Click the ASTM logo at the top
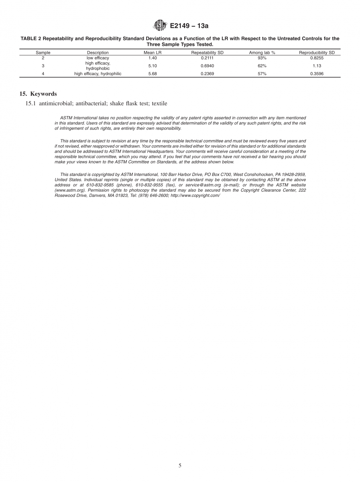pyautogui.click(x=160, y=26)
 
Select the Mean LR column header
pyautogui.click(x=153, y=53)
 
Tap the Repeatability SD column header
pyautogui.click(x=207, y=53)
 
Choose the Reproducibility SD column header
pyautogui.click(x=317, y=53)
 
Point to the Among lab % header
pyautogui.click(x=262, y=53)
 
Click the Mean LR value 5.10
pyautogui.click(x=153, y=65)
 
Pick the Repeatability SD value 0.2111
pyautogui.click(x=207, y=58)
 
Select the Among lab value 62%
pyautogui.click(x=262, y=65)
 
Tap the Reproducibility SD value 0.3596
pyautogui.click(x=317, y=74)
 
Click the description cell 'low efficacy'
pyautogui.click(x=98, y=58)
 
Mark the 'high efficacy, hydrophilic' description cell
pyautogui.click(x=98, y=74)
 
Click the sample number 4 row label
pyautogui.click(x=43, y=74)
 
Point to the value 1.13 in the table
pyautogui.click(x=317, y=65)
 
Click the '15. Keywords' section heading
pyautogui.click(x=38, y=94)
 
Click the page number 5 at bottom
pyautogui.click(x=180, y=466)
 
